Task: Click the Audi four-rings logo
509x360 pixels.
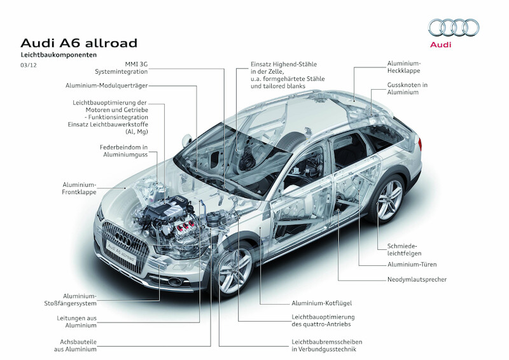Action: [454, 27]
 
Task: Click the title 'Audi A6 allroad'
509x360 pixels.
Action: [79, 43]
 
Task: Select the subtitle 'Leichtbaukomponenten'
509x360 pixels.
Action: [59, 56]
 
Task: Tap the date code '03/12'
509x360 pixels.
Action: [29, 66]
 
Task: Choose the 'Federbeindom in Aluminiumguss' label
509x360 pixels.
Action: [122, 151]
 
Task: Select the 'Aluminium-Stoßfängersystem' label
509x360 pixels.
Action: [81, 300]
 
